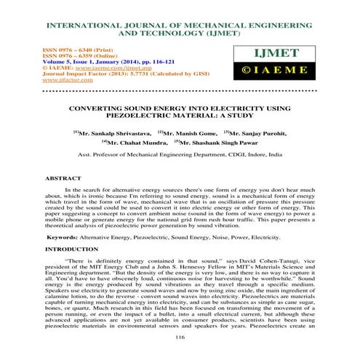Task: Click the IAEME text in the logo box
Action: point(295,73)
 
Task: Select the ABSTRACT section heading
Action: point(48,177)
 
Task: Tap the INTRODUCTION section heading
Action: point(56,249)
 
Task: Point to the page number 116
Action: point(180,338)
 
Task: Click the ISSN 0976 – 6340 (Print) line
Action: point(60,45)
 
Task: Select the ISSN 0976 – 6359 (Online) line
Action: point(61,52)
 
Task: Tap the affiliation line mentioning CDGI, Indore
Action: point(180,156)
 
